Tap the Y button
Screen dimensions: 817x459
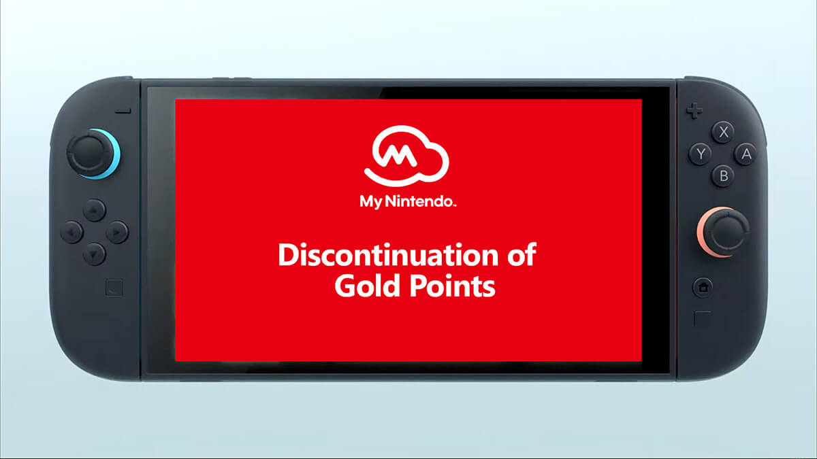click(700, 154)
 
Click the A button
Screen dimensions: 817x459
click(746, 154)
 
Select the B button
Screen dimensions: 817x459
click(723, 176)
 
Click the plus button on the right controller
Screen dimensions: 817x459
click(694, 110)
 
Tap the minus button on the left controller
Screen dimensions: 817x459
click(123, 111)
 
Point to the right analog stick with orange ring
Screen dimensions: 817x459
click(724, 232)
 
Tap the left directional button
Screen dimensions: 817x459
click(71, 232)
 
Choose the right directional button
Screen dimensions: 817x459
click(117, 232)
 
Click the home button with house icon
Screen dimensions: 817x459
click(703, 288)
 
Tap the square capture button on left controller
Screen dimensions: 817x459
click(114, 288)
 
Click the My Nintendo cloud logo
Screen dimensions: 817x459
click(406, 156)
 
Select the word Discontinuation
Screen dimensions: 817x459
click(389, 255)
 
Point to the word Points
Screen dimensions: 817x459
click(453, 286)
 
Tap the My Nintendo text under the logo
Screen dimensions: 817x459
click(408, 202)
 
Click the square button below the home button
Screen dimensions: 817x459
click(703, 319)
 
